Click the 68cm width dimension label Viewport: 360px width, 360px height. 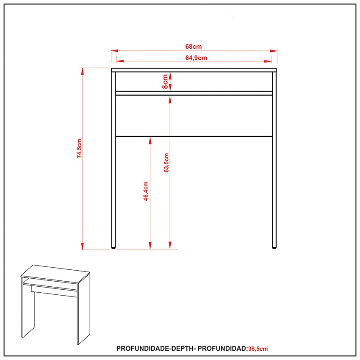click(x=193, y=47)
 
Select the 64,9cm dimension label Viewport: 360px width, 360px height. click(x=196, y=58)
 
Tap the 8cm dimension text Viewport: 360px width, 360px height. click(x=165, y=81)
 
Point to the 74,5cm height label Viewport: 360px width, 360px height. click(x=79, y=148)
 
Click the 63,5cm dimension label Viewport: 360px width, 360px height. click(x=166, y=163)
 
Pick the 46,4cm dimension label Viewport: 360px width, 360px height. click(x=146, y=191)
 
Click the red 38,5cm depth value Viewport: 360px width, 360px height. click(x=258, y=349)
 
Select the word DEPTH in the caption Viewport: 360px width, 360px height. click(x=183, y=349)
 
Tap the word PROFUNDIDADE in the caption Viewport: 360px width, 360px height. click(x=143, y=349)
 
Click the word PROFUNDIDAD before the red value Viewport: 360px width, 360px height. click(x=222, y=349)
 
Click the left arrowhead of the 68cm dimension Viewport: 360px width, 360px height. click(x=115, y=50)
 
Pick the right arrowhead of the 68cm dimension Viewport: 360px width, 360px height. click(x=274, y=51)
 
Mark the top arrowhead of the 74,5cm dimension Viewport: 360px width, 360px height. click(x=83, y=72)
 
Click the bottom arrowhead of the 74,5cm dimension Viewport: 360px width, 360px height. click(x=83, y=246)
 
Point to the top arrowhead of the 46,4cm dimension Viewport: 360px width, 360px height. click(x=150, y=141)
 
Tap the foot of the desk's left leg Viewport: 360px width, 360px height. click(x=113, y=247)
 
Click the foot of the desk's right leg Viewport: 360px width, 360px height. click(x=274, y=247)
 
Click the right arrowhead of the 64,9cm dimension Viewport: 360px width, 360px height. click(x=268, y=61)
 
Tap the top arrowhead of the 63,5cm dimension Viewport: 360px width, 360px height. click(x=170, y=100)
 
